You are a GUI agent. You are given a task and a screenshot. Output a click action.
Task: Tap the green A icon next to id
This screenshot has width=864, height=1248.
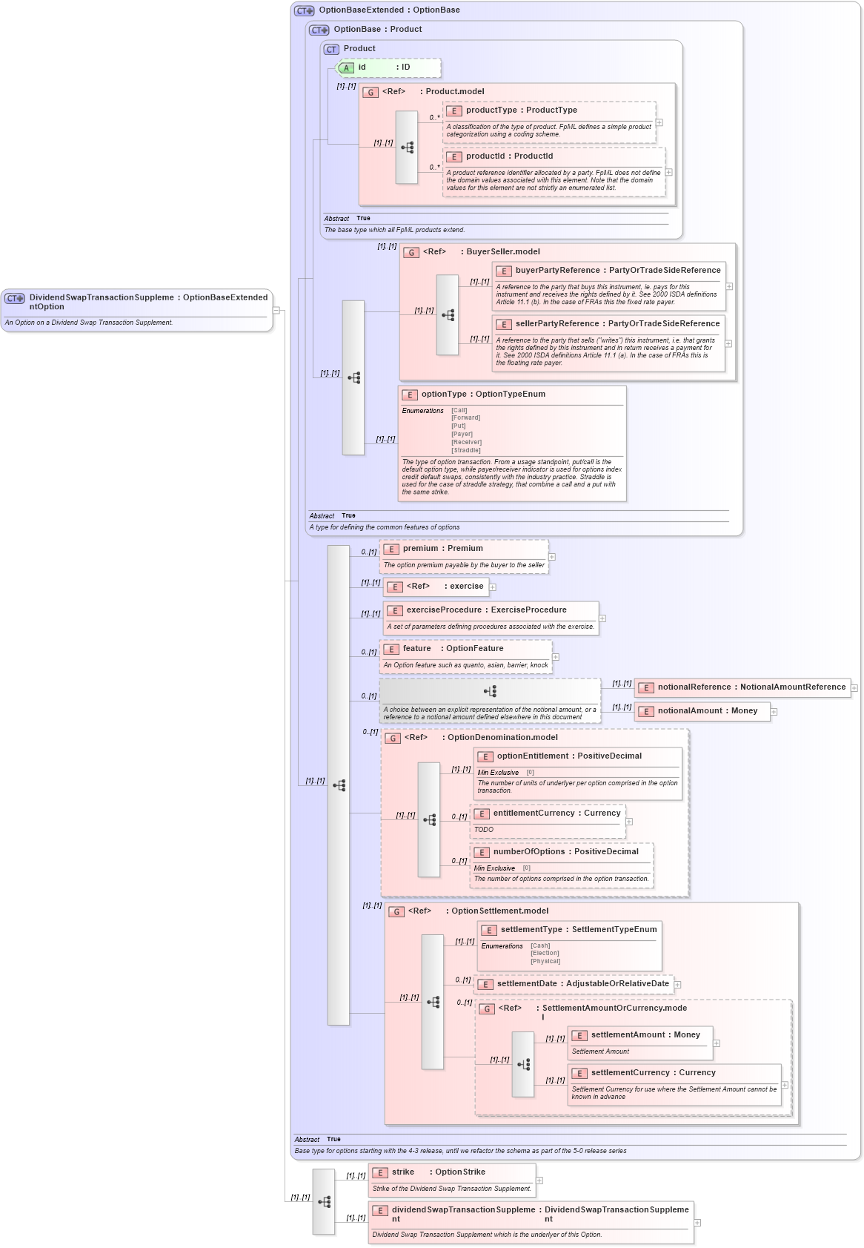coord(346,68)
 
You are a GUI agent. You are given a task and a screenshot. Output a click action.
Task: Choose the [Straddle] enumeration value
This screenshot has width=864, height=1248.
coord(466,450)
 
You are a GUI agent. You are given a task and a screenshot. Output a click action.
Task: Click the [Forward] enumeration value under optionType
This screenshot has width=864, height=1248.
coord(465,417)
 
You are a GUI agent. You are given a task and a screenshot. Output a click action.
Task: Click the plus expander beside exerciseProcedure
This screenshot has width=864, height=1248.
coord(602,618)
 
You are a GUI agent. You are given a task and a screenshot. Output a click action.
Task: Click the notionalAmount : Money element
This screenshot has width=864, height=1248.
coord(707,711)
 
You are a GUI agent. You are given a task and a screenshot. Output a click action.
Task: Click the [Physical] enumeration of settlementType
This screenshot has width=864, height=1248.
coord(545,961)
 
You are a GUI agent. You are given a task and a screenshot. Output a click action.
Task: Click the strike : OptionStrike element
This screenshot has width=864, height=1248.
coord(438,1172)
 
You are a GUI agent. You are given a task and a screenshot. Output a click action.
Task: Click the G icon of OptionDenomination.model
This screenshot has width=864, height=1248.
coord(393,739)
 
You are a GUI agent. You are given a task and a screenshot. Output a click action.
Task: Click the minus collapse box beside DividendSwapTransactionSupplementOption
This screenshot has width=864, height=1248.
coord(276,311)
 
